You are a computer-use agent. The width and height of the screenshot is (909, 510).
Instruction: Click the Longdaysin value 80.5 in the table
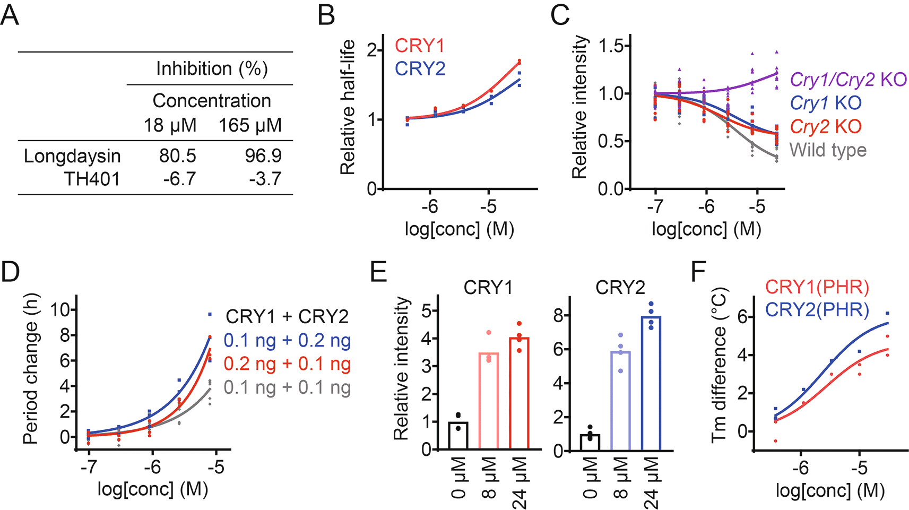[177, 155]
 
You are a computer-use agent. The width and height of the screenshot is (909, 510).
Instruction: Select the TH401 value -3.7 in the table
[265, 179]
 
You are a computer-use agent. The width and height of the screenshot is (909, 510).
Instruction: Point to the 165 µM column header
[250, 125]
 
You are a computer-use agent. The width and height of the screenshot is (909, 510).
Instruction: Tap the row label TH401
[92, 179]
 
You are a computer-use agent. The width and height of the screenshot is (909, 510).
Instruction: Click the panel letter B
[326, 15]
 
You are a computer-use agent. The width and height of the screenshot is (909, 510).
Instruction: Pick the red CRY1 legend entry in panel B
[419, 46]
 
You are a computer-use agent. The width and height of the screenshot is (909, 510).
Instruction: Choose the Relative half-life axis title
[348, 107]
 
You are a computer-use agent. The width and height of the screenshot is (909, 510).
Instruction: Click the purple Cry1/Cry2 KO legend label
[848, 80]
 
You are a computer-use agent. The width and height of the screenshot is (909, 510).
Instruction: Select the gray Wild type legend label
[828, 150]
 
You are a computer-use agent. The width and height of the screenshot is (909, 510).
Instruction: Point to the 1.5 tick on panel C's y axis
[611, 47]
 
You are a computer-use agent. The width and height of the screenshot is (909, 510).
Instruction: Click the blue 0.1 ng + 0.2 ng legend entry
[287, 340]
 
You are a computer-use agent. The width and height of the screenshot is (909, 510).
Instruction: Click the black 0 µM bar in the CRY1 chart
[458, 436]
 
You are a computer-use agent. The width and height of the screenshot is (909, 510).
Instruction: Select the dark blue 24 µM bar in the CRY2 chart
[651, 383]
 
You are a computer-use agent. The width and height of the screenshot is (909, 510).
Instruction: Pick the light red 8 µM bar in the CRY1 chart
[489, 401]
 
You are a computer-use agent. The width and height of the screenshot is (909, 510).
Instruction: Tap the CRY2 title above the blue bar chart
[620, 287]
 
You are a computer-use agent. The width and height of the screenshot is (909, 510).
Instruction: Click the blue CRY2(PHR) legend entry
[817, 310]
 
